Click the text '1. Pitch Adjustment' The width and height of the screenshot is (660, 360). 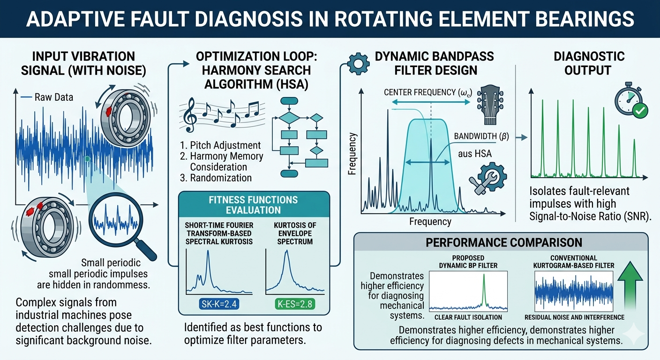tap(220, 145)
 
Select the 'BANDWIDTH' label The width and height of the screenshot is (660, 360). tap(481, 137)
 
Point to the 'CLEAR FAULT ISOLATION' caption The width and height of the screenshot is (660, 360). tap(468, 316)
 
